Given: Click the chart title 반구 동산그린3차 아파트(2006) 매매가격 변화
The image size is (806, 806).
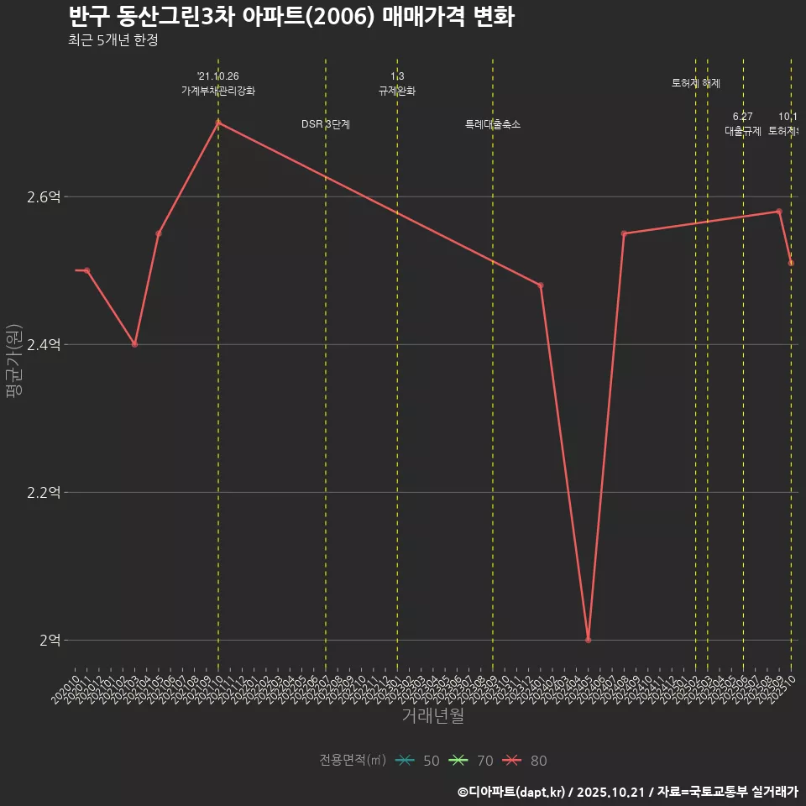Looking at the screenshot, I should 290,17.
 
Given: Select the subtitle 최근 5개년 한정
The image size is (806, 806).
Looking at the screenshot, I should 113,40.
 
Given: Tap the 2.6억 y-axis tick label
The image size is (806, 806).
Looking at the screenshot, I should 44,197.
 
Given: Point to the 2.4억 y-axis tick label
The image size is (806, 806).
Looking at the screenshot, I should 44,345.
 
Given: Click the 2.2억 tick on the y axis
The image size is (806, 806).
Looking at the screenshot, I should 44,493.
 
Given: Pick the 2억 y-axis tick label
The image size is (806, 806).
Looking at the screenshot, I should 50,641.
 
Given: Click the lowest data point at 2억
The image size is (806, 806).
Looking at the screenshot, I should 588,640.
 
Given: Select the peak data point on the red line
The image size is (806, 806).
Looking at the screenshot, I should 218,123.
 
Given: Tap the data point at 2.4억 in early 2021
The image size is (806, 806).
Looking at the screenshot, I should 134,344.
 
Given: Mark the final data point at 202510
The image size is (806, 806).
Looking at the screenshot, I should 791,263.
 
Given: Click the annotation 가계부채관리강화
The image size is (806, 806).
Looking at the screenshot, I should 218,91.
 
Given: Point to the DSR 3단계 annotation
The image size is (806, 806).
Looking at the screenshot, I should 326,124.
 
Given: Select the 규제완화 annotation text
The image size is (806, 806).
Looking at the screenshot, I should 397,91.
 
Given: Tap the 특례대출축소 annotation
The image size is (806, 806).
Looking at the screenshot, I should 493,124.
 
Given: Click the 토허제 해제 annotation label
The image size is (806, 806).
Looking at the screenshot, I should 696,83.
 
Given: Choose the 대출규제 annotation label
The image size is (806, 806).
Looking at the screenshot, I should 743,131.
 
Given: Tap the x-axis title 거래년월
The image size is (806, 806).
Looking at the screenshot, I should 432,716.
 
